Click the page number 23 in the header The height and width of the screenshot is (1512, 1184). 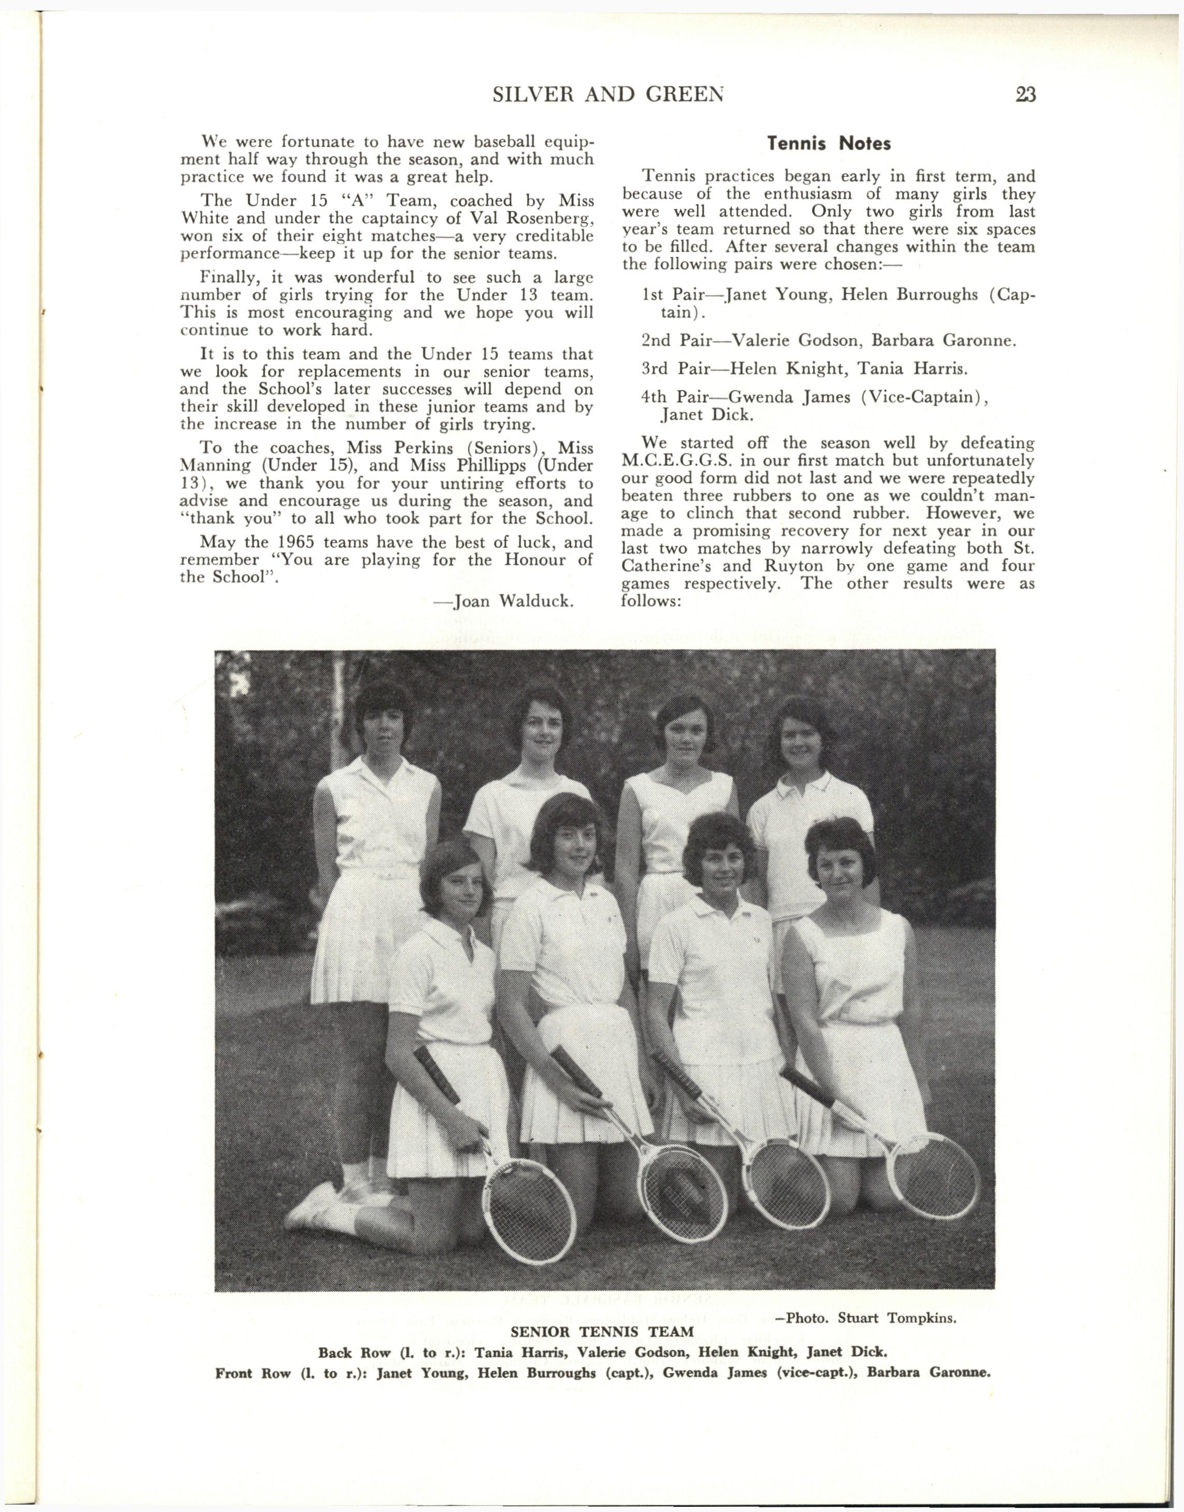click(1024, 94)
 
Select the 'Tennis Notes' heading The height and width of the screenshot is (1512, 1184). click(828, 144)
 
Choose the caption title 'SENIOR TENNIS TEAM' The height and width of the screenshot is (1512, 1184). click(602, 1332)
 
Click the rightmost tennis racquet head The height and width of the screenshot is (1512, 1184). click(935, 1175)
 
